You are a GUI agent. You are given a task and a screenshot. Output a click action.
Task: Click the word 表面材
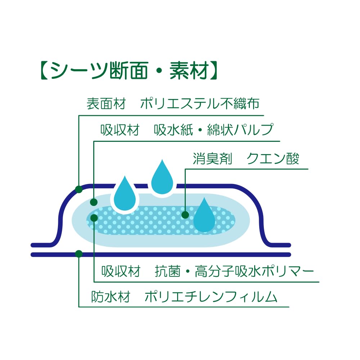[106, 104]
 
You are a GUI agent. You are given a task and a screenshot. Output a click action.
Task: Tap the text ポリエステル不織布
[200, 104]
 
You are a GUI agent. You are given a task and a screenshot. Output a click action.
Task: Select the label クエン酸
[273, 159]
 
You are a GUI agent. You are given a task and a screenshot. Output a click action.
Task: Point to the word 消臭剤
[212, 159]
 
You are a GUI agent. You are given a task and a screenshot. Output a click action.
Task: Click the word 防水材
[111, 297]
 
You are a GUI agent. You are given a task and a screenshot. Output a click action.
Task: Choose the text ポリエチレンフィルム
[211, 297]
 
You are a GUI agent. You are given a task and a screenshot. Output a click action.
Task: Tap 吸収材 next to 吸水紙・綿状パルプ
[120, 130]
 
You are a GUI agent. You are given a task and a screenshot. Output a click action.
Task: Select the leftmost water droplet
[125, 195]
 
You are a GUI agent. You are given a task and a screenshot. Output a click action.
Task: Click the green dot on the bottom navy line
[79, 254]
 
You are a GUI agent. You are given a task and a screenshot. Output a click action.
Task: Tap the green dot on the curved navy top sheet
[79, 189]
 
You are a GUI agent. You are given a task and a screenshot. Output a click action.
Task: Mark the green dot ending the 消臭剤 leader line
[185, 215]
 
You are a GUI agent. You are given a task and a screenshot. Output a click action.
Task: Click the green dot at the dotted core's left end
[94, 218]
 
